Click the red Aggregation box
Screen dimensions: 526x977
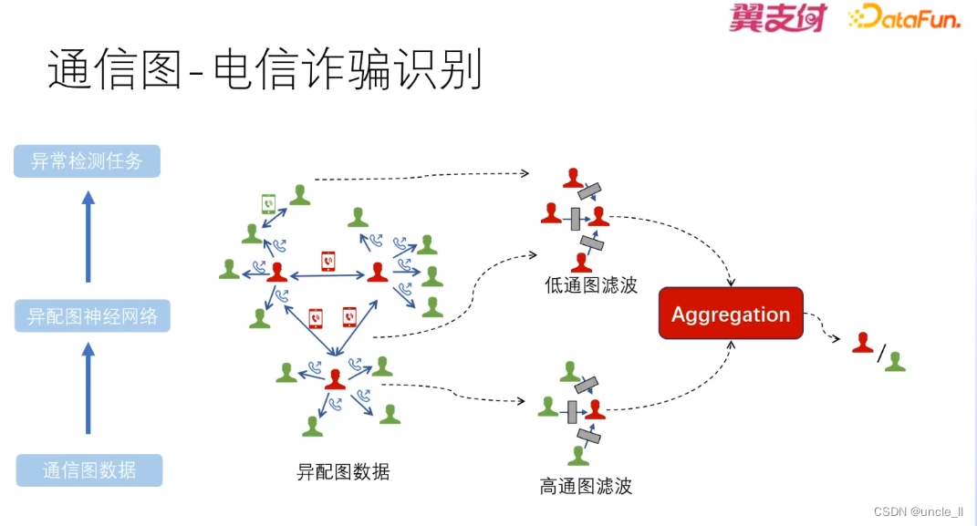pyautogui.click(x=731, y=314)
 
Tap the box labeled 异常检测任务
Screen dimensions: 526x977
pyautogui.click(x=88, y=161)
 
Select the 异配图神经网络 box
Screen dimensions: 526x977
pyautogui.click(x=93, y=316)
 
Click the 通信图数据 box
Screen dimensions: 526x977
pyautogui.click(x=89, y=470)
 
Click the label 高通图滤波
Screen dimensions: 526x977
pyautogui.click(x=586, y=486)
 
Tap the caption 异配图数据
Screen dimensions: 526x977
pyautogui.click(x=343, y=471)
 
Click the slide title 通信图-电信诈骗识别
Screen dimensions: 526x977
pyautogui.click(x=265, y=70)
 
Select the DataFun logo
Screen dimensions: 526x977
pyautogui.click(x=904, y=17)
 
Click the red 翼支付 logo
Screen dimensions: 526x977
pyautogui.click(x=777, y=17)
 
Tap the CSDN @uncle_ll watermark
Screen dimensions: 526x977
pyautogui.click(x=918, y=511)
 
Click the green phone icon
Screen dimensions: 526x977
pyautogui.click(x=270, y=203)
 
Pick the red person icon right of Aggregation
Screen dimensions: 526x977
pyautogui.click(x=862, y=344)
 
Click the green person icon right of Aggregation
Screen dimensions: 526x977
pyautogui.click(x=895, y=361)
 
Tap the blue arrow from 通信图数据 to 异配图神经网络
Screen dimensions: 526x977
pyautogui.click(x=88, y=387)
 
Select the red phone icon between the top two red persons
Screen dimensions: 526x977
pyautogui.click(x=327, y=262)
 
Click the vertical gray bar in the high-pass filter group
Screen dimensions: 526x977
pyautogui.click(x=573, y=412)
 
